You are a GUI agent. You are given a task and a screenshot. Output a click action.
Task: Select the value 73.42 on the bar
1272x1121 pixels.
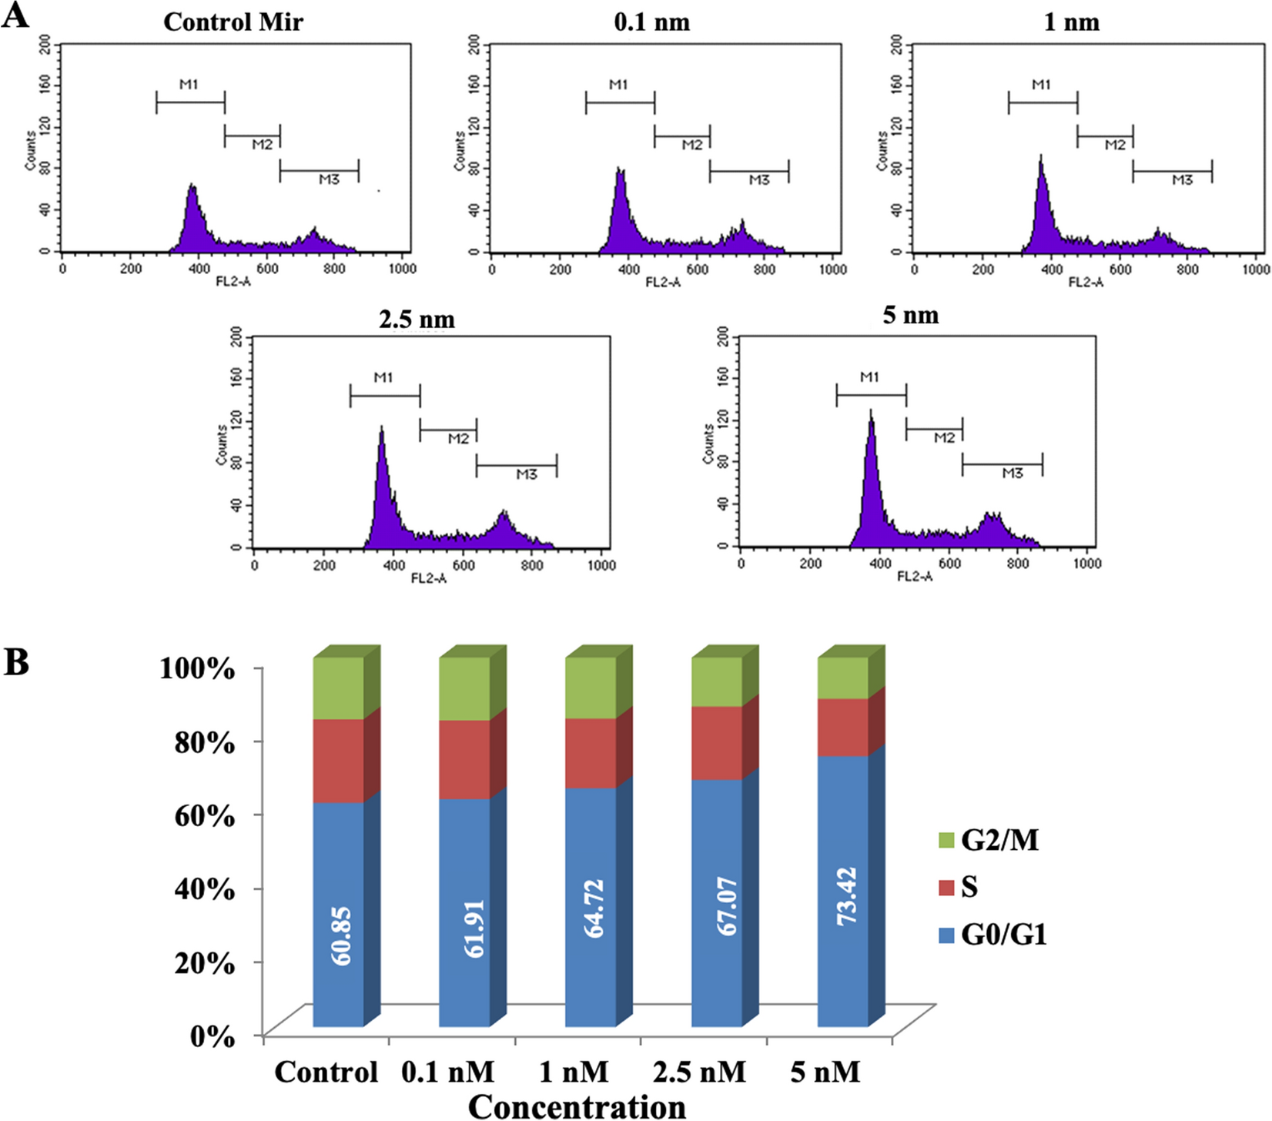tap(849, 895)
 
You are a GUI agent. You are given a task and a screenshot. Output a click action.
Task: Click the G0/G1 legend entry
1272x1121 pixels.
tap(993, 935)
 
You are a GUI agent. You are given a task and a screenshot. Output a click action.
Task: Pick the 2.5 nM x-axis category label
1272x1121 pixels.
tap(699, 1072)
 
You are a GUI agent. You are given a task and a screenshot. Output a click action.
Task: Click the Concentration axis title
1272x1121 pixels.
tap(577, 1106)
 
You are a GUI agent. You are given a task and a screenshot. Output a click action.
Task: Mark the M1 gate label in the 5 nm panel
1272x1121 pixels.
tap(869, 377)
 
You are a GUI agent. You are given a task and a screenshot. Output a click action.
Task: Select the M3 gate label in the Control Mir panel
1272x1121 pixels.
tap(329, 179)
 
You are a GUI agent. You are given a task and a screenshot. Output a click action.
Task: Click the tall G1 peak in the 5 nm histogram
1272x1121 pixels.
tap(871, 454)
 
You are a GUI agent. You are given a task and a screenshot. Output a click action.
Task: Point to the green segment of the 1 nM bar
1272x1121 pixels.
tap(591, 688)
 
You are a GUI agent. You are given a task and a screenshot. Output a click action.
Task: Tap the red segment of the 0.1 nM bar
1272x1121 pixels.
tap(464, 759)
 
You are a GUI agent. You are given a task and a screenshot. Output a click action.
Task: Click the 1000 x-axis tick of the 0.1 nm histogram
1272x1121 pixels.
tap(832, 269)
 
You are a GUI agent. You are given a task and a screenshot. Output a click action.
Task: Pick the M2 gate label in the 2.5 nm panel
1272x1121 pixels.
tap(458, 438)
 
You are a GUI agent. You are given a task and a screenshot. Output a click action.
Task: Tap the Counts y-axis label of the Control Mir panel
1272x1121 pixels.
tap(30, 150)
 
